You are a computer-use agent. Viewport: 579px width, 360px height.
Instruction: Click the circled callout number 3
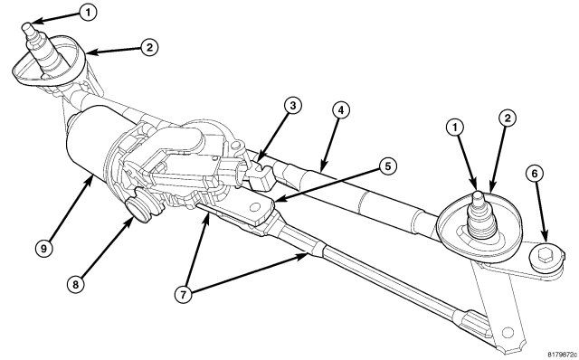pos(293,106)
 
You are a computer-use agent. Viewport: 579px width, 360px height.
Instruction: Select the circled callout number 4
pos(340,110)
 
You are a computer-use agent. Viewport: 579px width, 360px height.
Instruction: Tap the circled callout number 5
pos(387,166)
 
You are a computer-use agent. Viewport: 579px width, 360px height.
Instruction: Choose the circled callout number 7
pos(184,294)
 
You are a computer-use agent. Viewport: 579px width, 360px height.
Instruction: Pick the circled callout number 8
pos(76,284)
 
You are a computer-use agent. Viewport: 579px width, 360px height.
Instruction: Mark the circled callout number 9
pos(44,248)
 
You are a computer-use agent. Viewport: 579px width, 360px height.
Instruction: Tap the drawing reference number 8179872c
pos(562,354)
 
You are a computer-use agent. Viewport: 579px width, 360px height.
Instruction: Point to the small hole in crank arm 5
pos(254,207)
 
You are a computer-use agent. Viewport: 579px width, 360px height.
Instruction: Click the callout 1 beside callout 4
pos(455,128)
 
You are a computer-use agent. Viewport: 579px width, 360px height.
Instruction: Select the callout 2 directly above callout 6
pos(508,118)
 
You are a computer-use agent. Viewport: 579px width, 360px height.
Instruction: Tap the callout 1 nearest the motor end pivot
pos(88,13)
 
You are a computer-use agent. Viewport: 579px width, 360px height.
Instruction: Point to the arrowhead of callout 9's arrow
pos(90,177)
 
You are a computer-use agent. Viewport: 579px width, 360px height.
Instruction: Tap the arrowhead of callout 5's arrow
pos(277,200)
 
